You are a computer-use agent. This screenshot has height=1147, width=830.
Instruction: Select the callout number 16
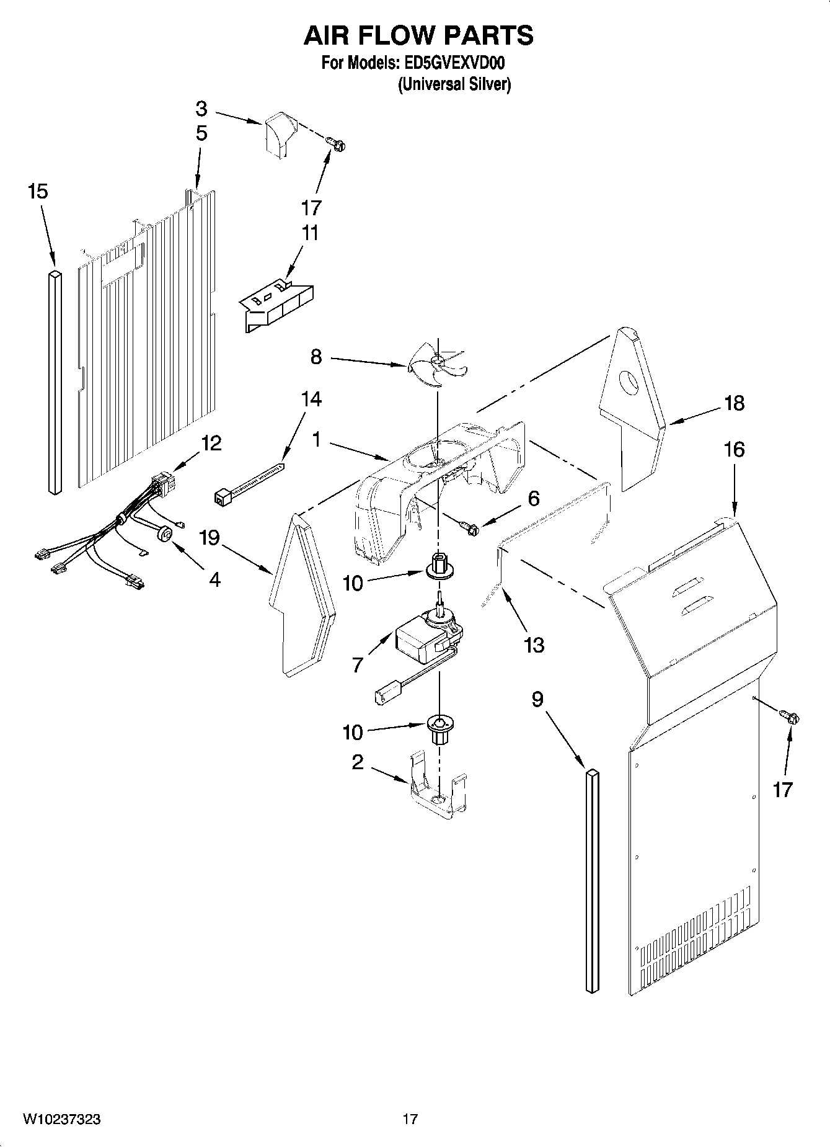point(734,449)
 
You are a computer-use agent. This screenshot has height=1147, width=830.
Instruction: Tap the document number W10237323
point(62,1119)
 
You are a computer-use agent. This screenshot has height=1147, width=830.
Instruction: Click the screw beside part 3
point(338,145)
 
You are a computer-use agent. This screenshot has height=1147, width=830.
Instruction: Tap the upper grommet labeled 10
point(438,562)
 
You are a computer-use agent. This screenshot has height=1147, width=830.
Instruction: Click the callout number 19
point(210,537)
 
